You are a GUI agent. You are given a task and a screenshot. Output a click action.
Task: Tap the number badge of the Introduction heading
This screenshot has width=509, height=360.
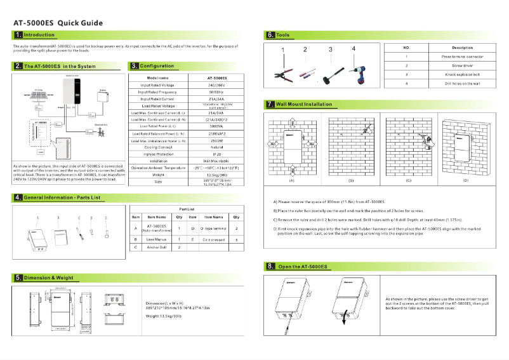18,34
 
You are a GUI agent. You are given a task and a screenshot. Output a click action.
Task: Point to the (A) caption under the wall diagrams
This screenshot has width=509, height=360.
291,181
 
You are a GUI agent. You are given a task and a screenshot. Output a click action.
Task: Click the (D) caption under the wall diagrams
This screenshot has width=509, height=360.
465,181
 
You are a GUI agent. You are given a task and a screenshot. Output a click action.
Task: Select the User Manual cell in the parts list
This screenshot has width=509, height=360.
156,239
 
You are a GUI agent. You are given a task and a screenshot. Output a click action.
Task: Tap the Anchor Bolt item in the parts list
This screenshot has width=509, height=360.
156,247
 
